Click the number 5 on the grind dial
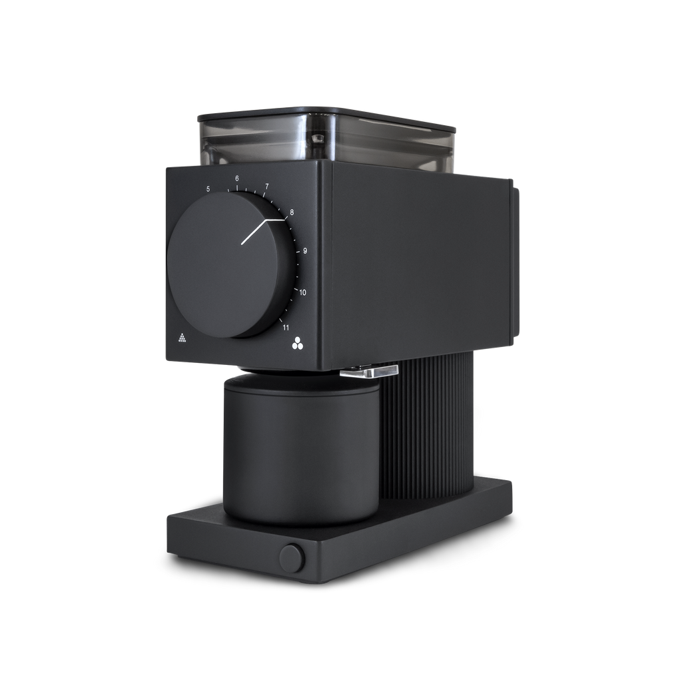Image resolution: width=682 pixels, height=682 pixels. (208, 188)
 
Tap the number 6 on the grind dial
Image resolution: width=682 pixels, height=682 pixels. (237, 178)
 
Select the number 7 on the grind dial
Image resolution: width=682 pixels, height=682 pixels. (266, 186)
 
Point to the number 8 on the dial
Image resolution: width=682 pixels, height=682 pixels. (292, 212)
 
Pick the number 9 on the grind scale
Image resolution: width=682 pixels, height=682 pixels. (305, 250)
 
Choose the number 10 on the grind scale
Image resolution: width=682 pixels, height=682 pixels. (302, 292)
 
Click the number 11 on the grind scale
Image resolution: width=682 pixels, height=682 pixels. (286, 328)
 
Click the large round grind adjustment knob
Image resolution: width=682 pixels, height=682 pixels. (231, 264)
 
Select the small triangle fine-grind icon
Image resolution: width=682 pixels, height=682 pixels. (182, 338)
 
